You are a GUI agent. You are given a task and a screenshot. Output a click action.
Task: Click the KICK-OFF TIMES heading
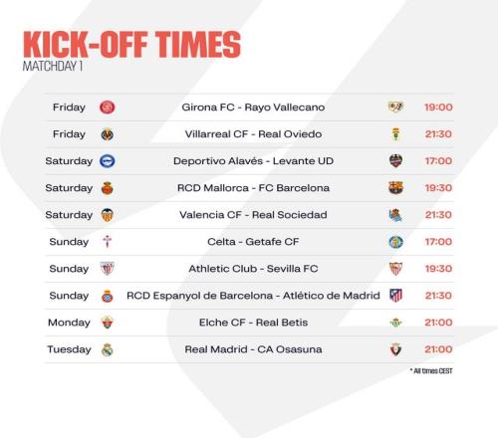click(131, 45)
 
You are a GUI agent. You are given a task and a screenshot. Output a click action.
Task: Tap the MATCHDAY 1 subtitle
click(53, 66)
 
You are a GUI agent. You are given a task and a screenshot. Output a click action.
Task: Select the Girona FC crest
click(108, 108)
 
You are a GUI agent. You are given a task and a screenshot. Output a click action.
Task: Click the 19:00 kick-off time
click(438, 108)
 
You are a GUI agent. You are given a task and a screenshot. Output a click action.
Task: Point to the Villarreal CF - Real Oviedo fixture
click(253, 134)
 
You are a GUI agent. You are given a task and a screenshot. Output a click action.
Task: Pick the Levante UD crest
click(395, 161)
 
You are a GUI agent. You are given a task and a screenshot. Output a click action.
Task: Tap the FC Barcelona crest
click(395, 188)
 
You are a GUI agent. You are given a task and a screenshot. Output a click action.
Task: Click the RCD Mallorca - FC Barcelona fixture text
click(253, 188)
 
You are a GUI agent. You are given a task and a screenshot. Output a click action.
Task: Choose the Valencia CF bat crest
click(108, 215)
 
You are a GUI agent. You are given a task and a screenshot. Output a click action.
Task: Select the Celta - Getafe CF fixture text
click(253, 242)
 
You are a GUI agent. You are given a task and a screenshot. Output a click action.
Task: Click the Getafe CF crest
click(395, 242)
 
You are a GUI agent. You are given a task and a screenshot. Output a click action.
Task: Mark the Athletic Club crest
click(108, 269)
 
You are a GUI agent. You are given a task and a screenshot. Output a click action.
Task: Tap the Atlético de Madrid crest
click(395, 296)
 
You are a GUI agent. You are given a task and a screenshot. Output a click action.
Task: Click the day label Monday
click(69, 323)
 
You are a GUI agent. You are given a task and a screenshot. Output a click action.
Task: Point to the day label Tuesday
click(69, 349)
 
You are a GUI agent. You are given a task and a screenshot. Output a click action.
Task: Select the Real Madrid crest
click(108, 349)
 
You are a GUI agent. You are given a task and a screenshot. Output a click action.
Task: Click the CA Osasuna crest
click(395, 349)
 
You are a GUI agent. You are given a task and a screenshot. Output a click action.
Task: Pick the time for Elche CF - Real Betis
click(438, 323)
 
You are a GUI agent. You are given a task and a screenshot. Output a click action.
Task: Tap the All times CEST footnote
click(431, 371)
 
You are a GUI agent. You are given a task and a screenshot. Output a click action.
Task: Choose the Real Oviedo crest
click(395, 134)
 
